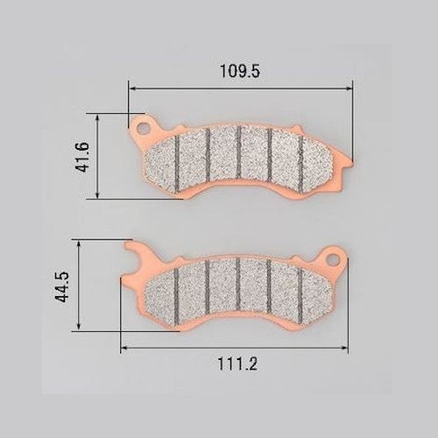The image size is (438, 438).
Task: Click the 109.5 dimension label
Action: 240,71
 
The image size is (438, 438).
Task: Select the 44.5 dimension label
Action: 61,286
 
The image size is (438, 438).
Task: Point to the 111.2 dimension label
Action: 237,364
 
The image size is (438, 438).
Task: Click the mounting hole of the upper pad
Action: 143,127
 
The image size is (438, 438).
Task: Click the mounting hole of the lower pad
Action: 334,259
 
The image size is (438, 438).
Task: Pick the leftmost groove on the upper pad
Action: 177,164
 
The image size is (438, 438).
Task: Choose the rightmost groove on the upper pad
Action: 300,165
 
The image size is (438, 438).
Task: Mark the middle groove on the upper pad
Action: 239,152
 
